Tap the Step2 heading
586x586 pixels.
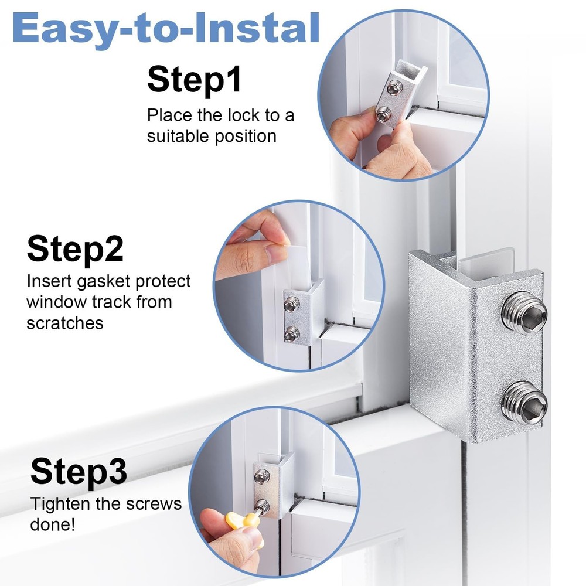tap(75, 248)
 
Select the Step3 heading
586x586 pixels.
tap(79, 472)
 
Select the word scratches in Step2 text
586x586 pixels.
tap(65, 322)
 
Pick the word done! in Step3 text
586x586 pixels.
tap(53, 524)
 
